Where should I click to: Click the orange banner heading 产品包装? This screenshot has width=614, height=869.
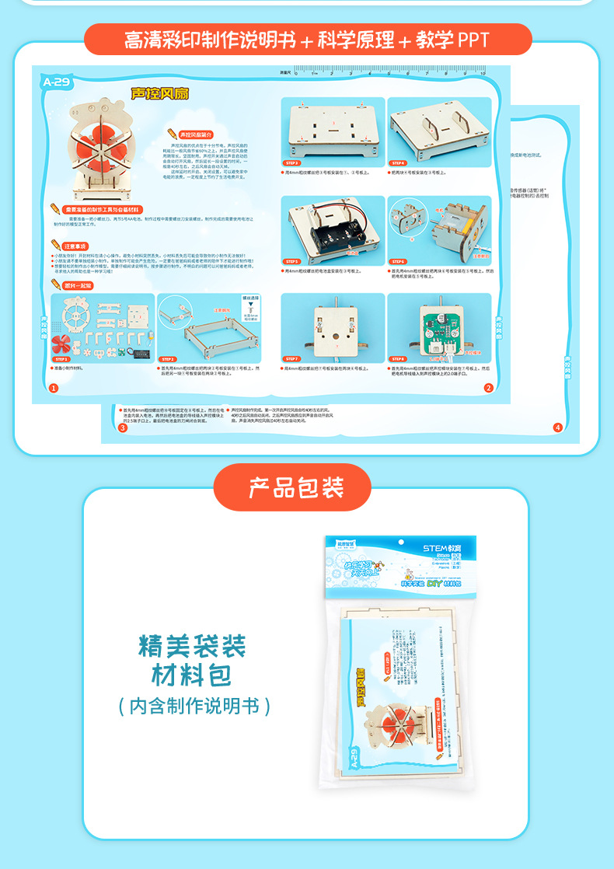pos(295,487)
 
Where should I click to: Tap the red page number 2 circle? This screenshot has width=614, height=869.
pos(488,388)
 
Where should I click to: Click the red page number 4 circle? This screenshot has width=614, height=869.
pos(557,428)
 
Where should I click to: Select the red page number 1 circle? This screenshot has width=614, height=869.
pos(53,388)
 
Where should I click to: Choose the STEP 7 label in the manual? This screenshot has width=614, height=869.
pos(293,358)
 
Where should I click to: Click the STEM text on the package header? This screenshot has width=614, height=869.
pos(433,549)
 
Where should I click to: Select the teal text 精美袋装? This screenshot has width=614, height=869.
pos(193,646)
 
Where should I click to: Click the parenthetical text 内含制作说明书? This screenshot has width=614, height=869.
pos(194,706)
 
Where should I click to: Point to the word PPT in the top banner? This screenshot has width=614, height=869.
pos(473,40)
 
